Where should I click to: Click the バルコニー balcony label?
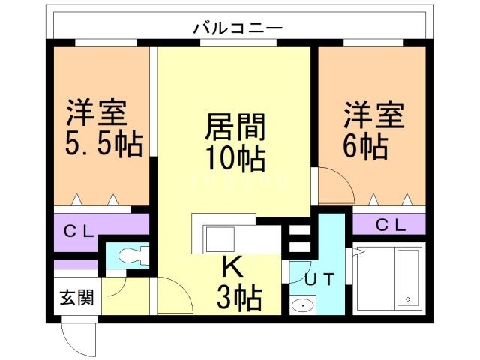pos(238,28)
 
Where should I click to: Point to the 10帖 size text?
pos(235,158)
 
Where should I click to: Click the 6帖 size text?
pos(365,145)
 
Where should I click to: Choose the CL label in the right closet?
pos(390,223)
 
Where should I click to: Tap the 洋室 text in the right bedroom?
pos(373,116)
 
